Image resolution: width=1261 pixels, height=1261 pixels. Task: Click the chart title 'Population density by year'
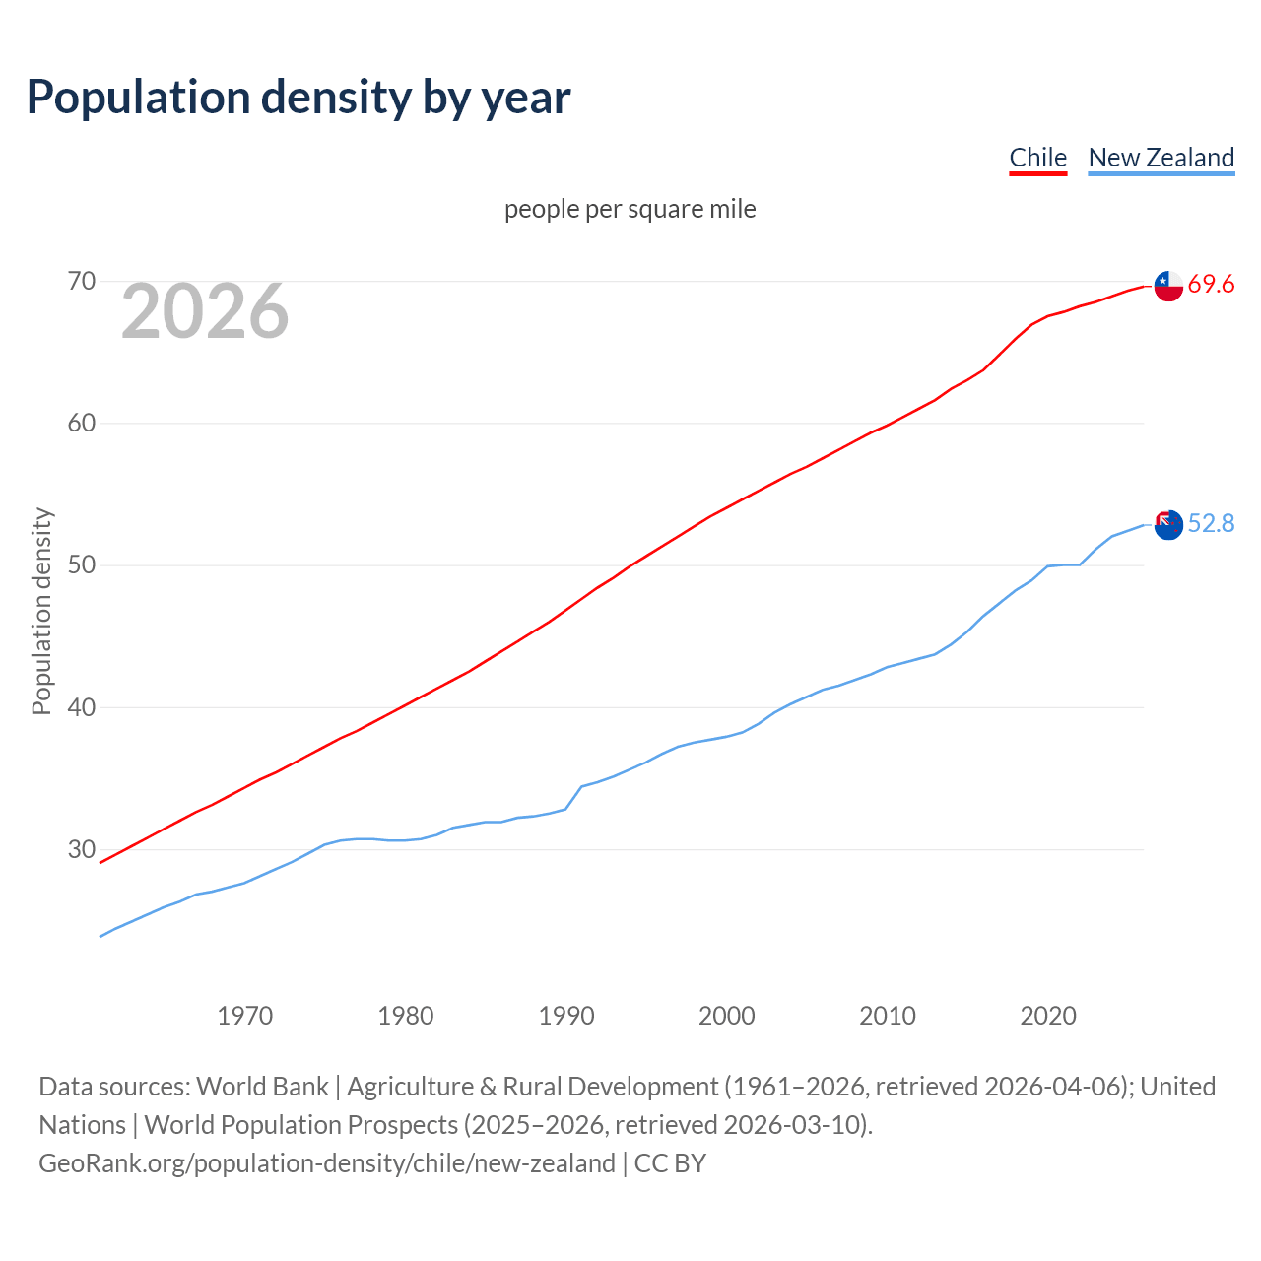(x=299, y=98)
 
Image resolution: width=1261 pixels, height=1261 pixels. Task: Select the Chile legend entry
(x=1037, y=158)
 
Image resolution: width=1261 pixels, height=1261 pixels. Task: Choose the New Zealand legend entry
(x=1161, y=158)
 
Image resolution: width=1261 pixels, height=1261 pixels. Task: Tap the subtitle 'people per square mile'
(x=630, y=209)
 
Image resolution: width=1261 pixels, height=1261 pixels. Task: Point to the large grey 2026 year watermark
(x=205, y=311)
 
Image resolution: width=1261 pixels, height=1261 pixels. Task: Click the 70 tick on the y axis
(x=82, y=282)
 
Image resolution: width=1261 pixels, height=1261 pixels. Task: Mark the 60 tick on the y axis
(x=82, y=424)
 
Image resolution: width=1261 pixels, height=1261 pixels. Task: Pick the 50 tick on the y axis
(x=82, y=565)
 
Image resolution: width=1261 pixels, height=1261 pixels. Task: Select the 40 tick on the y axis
(x=82, y=707)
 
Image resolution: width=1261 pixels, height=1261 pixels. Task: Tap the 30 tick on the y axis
(x=82, y=849)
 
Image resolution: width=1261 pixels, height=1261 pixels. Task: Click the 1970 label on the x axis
(x=244, y=1016)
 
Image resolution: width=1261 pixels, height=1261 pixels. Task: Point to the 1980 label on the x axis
(x=405, y=1016)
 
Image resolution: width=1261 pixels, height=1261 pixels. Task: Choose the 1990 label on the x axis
(x=566, y=1016)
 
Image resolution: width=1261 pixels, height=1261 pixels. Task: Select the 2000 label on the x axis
(x=727, y=1016)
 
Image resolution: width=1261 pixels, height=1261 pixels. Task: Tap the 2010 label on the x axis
(x=888, y=1016)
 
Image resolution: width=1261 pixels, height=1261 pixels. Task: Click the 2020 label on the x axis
(x=1048, y=1016)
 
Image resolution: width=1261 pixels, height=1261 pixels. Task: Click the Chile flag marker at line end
(x=1168, y=286)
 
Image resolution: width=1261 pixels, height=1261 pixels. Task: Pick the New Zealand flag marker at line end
(x=1168, y=525)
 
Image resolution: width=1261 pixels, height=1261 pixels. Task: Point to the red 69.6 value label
(x=1211, y=285)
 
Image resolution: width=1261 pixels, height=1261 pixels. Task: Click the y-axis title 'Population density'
(x=41, y=611)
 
